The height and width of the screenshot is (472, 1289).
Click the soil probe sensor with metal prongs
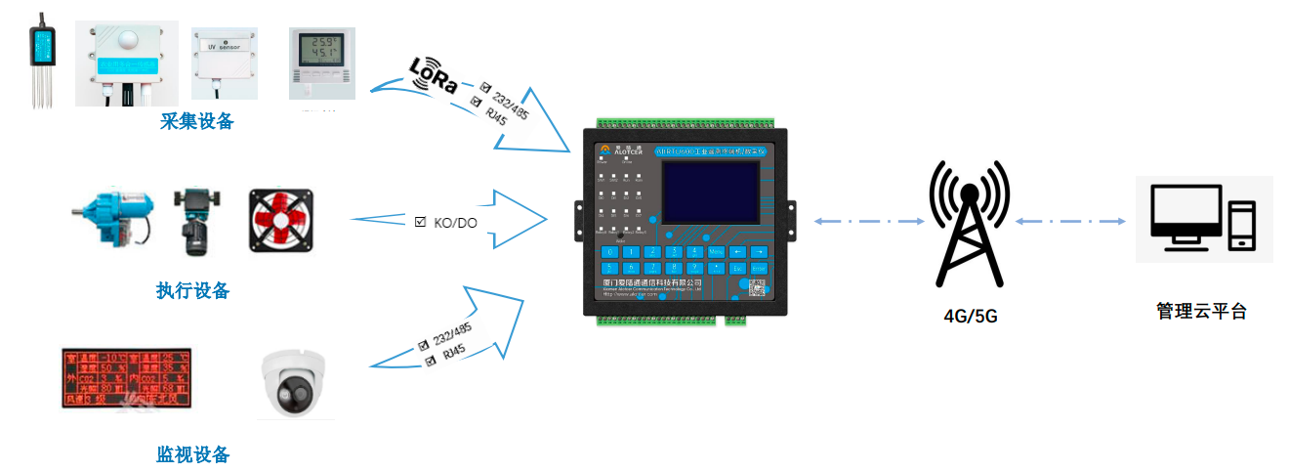(42, 59)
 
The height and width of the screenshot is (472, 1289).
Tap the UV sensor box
(225, 61)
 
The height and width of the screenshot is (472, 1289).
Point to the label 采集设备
(197, 121)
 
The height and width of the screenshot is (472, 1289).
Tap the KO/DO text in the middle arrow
(455, 223)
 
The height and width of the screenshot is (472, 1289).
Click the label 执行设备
(193, 290)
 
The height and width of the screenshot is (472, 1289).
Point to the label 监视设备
(193, 454)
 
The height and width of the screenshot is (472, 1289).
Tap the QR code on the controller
(755, 287)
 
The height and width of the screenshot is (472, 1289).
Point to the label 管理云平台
(1201, 312)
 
